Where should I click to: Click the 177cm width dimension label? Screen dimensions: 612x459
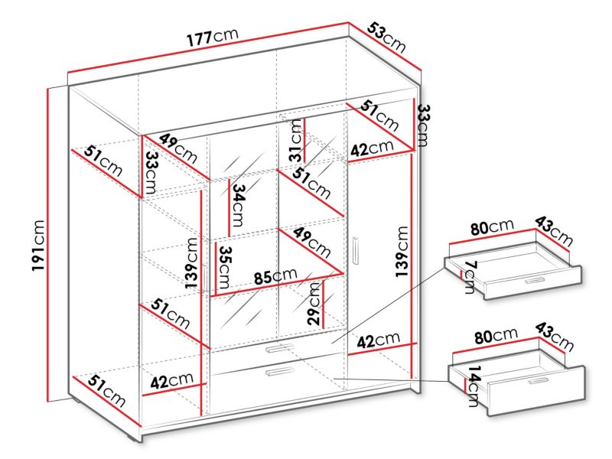(x=213, y=36)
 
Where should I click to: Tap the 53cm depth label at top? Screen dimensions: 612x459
(x=386, y=37)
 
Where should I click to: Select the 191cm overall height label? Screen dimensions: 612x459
(x=38, y=246)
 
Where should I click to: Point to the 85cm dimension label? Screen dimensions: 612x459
(x=275, y=276)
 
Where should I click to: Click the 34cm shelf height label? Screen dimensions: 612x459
(x=238, y=205)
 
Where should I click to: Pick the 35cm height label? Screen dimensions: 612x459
(x=224, y=267)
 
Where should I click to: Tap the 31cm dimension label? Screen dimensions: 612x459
(x=296, y=141)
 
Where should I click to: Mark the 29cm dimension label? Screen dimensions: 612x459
(x=314, y=304)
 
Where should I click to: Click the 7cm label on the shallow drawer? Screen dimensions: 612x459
(x=470, y=278)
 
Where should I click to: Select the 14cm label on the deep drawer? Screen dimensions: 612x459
(x=473, y=386)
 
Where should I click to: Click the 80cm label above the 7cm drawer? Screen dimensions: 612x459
(x=492, y=227)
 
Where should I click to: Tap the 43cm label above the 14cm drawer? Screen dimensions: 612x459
(x=554, y=337)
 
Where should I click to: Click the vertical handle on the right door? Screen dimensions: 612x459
(x=356, y=251)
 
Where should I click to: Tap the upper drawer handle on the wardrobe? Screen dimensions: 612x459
(x=279, y=348)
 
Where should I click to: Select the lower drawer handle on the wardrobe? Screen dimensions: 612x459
(x=279, y=371)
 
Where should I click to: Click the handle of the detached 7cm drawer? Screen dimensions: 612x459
(x=534, y=281)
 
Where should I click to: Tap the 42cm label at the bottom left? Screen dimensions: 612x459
(x=171, y=380)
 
